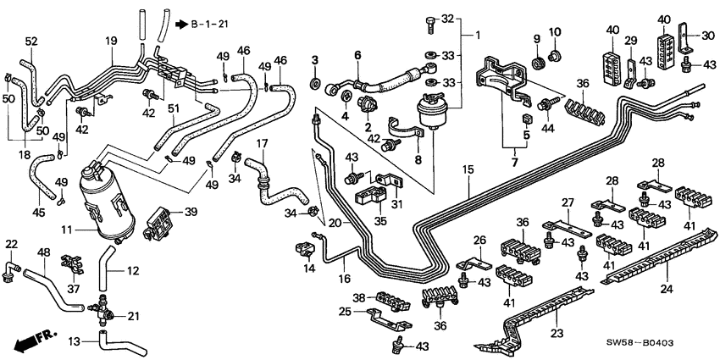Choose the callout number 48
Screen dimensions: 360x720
click(44, 252)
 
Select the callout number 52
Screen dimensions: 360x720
click(31, 42)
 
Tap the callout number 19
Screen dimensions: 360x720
click(111, 41)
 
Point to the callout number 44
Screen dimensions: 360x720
click(547, 128)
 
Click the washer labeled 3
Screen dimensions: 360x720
click(315, 84)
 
